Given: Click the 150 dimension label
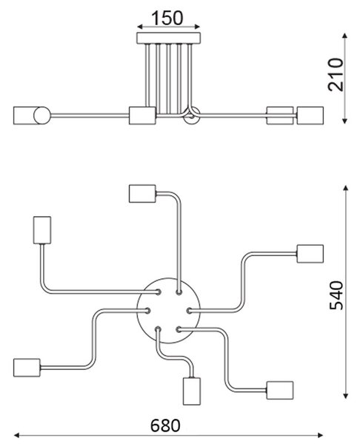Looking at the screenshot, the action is (167, 18).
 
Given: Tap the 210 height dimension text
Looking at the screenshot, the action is (336, 75).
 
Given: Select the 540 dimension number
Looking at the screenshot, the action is (336, 295).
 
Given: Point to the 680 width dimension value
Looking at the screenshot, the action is (165, 425).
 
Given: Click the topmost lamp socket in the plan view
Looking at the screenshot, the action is (142, 194).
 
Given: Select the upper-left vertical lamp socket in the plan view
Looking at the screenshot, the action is (42, 230).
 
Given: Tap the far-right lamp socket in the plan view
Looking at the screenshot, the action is (310, 254).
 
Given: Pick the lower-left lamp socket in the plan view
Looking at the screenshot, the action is (27, 368).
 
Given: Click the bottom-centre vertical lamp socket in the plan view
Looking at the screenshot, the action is (192, 391).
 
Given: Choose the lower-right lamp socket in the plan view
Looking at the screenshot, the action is (280, 390).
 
